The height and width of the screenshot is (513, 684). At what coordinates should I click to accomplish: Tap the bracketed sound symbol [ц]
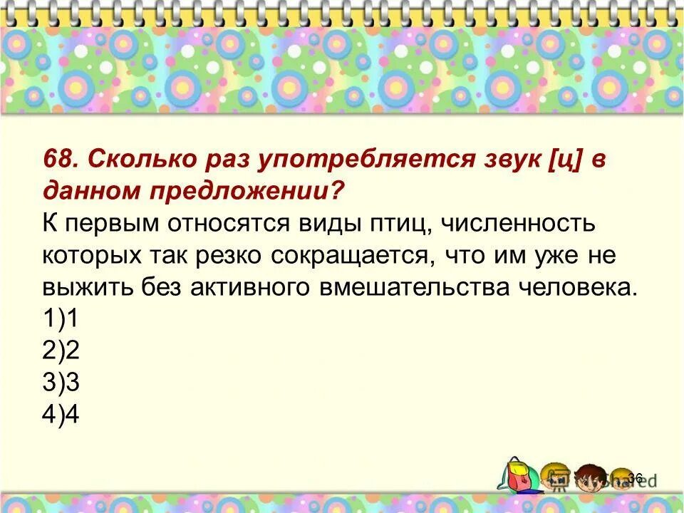pos(567,158)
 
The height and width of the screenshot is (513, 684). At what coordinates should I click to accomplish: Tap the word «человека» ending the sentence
pos(577,287)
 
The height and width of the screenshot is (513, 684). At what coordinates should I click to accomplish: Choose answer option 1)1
pos(60,319)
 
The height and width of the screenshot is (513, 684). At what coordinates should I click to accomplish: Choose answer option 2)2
pos(60,351)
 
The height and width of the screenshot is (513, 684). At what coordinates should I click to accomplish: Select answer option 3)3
pos(60,383)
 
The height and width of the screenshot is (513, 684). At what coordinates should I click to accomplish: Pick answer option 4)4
pos(60,415)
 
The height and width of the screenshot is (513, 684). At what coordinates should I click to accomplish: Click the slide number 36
pos(636,478)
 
